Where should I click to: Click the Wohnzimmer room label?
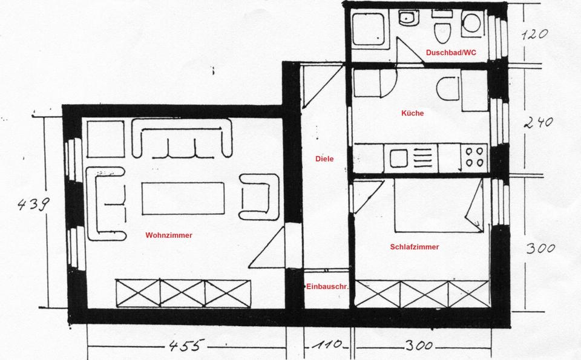[x=169, y=235]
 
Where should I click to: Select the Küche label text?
[x=412, y=113]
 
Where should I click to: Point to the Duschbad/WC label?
[x=451, y=53]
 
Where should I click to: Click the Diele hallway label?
[x=324, y=159]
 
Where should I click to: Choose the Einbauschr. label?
[x=327, y=287]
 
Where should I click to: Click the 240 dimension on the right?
[x=538, y=122]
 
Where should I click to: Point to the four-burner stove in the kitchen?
[x=474, y=157]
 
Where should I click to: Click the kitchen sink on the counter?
[x=399, y=158]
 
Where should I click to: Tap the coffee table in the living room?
[x=183, y=198]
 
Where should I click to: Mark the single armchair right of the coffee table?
[x=259, y=197]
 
